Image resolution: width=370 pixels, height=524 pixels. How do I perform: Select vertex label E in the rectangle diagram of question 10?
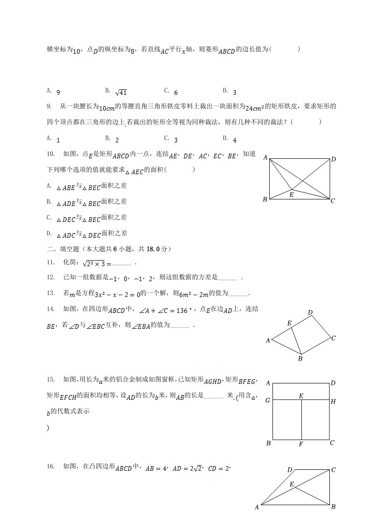click(291, 195)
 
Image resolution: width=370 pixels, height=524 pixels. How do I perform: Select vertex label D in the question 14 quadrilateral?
click(310, 312)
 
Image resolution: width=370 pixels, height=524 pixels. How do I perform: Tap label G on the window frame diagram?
click(268, 401)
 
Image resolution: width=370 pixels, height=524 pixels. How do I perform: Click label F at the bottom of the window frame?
click(301, 444)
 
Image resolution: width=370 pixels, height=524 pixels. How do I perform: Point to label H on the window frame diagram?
click(333, 401)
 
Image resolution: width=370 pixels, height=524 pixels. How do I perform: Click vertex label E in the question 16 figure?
click(292, 484)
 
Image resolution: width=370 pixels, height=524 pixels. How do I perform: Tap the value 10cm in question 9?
click(107, 108)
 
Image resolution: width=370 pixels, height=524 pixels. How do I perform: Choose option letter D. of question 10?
click(49, 233)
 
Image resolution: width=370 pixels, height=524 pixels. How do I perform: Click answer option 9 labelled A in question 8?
click(57, 92)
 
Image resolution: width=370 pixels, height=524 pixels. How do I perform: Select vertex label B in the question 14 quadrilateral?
click(300, 359)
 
